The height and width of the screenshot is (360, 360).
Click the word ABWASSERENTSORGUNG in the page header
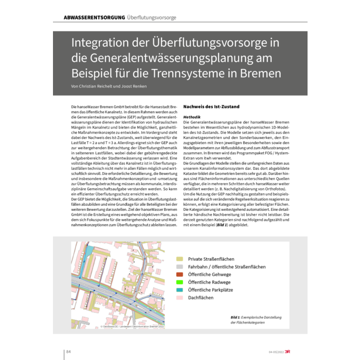pos(94,17)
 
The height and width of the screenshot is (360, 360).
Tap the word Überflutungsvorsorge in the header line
pos(152,17)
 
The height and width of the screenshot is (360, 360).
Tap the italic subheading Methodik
pos(192,117)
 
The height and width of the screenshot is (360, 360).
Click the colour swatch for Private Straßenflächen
pos(179,259)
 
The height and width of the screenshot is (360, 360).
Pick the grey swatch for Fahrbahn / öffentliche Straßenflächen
pos(179,267)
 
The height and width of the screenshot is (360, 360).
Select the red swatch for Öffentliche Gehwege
pos(179,275)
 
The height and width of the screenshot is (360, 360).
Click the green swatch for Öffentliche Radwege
pos(179,282)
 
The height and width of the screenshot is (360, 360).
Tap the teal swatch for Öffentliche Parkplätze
pos(179,290)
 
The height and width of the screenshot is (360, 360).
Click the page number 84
pos(68,352)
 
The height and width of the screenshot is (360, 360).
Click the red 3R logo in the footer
pos(290,352)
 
